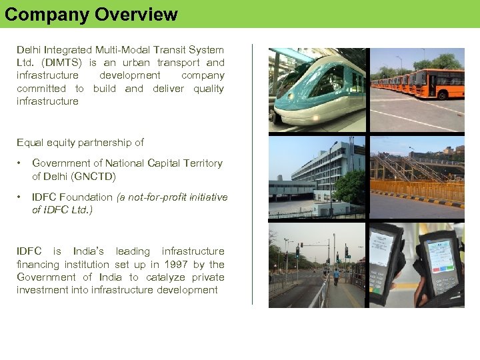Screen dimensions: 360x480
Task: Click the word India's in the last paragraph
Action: point(88,251)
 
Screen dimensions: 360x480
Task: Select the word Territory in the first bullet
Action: point(203,163)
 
